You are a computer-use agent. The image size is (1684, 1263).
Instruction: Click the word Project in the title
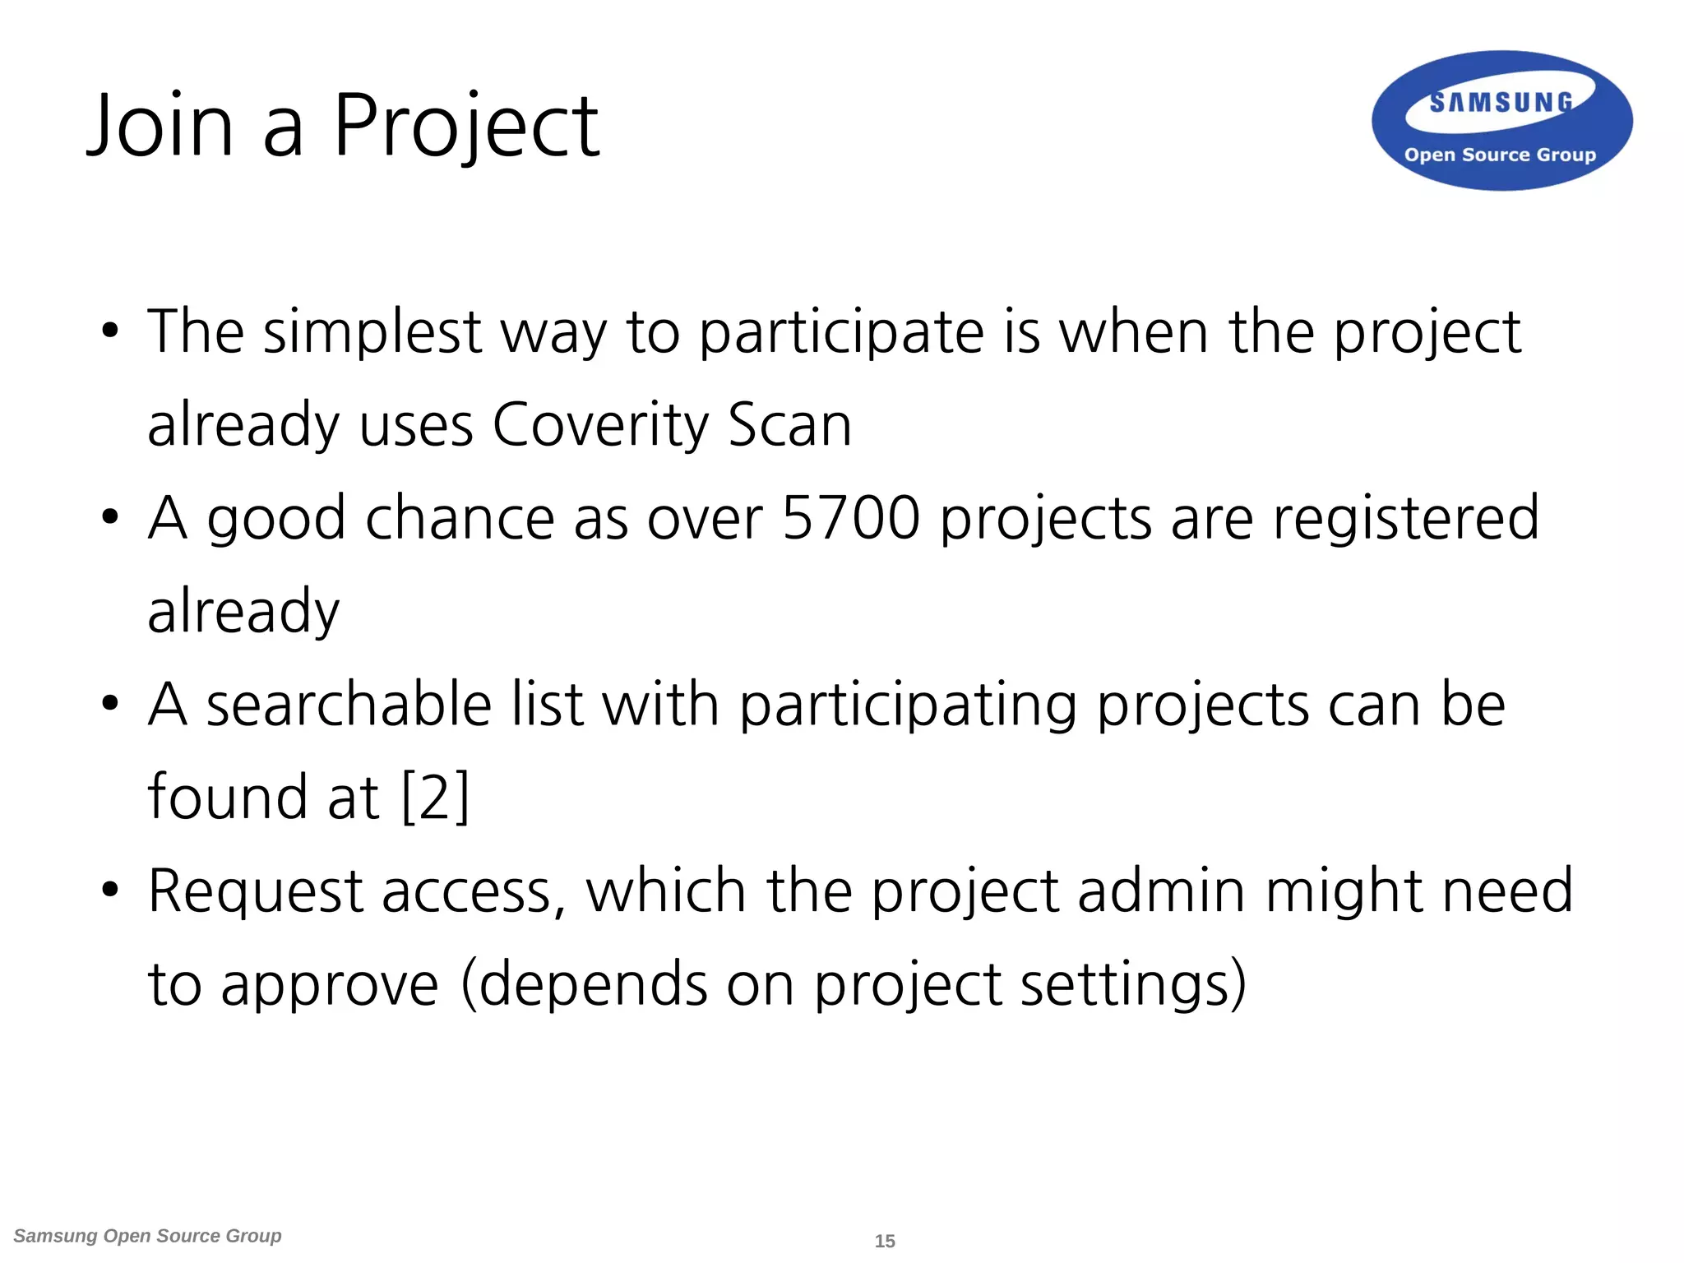[x=465, y=127]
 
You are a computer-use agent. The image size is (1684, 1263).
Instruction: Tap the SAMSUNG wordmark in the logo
[x=1501, y=102]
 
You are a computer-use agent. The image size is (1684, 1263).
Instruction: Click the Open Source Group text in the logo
[x=1500, y=155]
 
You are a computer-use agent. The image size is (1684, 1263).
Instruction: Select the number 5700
[x=850, y=518]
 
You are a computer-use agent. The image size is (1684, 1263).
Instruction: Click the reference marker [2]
[x=435, y=797]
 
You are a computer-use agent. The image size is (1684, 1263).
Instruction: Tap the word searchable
[x=349, y=705]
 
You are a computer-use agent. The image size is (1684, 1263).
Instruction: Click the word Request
[x=256, y=891]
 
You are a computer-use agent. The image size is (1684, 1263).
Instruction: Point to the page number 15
[x=885, y=1241]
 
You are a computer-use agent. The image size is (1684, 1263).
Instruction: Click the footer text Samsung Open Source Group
[x=148, y=1236]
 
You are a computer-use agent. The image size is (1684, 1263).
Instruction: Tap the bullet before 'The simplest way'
[x=110, y=332]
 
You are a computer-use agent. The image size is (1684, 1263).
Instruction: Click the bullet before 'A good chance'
[x=110, y=518]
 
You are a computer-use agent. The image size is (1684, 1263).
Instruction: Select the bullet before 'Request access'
[x=110, y=891]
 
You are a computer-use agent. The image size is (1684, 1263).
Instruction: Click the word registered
[x=1405, y=518]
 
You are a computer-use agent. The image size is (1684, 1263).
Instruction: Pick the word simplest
[x=372, y=332]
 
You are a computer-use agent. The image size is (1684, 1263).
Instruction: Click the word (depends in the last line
[x=584, y=984]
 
